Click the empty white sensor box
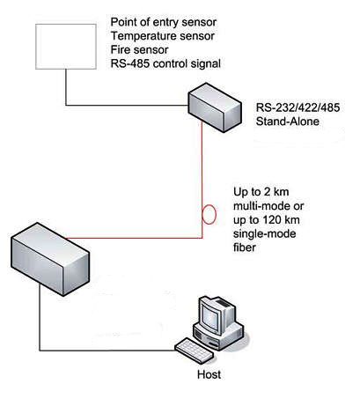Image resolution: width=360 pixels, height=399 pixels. [66, 47]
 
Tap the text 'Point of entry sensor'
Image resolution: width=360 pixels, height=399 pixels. [164, 22]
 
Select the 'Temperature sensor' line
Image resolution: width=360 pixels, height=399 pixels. [163, 36]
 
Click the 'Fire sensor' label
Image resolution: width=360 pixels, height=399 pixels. [139, 50]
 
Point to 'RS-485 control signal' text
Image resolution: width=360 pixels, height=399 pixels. [165, 63]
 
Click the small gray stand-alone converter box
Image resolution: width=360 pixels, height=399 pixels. [215, 107]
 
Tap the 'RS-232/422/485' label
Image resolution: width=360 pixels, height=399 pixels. [298, 107]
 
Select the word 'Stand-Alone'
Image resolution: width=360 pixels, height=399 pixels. [288, 122]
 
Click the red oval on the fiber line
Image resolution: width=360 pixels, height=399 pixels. [209, 214]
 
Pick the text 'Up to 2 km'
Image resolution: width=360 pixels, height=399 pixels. [261, 192]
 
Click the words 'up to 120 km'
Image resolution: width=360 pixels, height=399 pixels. [267, 220]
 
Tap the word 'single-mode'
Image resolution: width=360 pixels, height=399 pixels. [264, 233]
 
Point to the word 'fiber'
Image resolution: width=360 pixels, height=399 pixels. [245, 248]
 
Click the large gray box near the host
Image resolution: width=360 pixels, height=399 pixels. [50, 260]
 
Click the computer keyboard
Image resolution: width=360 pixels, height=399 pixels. [195, 351]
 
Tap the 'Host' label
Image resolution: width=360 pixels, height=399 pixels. [209, 375]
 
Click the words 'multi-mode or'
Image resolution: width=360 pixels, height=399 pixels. [268, 206]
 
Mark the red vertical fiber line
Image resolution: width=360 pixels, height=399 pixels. [202, 179]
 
